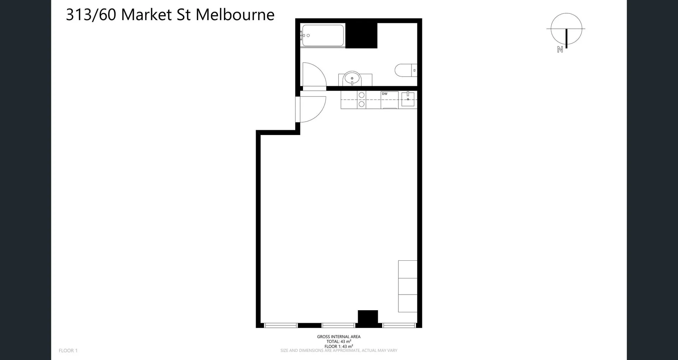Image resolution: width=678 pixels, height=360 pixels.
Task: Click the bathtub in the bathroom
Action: pos(323,35)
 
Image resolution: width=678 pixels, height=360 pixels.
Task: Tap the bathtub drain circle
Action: pos(308,35)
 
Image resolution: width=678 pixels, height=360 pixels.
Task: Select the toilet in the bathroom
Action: pos(405,70)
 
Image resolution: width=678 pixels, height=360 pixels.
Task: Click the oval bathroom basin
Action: pos(352,78)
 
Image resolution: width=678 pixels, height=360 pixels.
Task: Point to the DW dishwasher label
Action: pos(385,94)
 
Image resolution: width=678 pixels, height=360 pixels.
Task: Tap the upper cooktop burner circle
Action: pos(362,95)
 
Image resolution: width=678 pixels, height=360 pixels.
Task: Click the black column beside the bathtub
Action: pos(361,36)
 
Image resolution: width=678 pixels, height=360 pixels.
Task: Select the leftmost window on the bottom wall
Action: pos(281,325)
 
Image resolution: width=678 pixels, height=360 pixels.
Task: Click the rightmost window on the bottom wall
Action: pos(399,325)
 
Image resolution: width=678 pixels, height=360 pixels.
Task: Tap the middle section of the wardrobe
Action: pos(408,287)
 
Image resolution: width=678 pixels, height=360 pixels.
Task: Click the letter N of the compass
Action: pos(560,50)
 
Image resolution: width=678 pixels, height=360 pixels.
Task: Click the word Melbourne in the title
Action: pos(235,15)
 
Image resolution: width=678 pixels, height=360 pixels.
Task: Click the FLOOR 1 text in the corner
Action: pos(68,350)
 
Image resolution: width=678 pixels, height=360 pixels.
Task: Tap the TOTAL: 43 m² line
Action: pos(339,342)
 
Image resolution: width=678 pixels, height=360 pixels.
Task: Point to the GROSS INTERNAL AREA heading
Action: pos(339,337)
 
